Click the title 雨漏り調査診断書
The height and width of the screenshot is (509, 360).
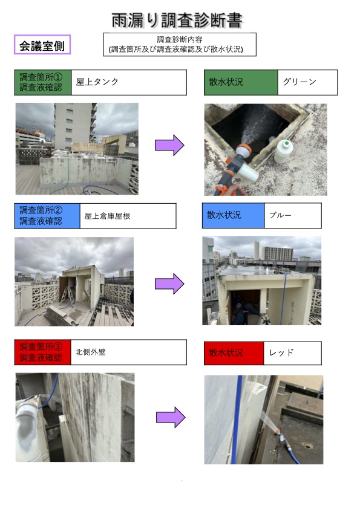[177, 21]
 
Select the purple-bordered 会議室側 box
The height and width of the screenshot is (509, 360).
[42, 45]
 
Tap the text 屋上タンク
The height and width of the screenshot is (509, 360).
[97, 82]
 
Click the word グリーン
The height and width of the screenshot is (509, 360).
[299, 82]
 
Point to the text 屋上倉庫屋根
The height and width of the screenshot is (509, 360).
[107, 216]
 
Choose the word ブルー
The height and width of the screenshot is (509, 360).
[280, 215]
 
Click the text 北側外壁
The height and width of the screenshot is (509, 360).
[91, 352]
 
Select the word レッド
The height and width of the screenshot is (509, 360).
[281, 352]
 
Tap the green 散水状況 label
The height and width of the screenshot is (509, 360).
[241, 82]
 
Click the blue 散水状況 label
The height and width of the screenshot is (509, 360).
[234, 216]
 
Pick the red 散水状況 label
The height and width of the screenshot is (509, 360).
[234, 353]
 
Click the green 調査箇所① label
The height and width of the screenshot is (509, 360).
[43, 82]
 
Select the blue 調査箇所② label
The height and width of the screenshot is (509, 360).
[47, 216]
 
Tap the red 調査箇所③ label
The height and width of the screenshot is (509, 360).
[42, 352]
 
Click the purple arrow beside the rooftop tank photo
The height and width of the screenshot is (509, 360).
[169, 145]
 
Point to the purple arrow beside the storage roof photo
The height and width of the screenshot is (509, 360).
[169, 284]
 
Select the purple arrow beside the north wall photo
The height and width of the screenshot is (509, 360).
[171, 417]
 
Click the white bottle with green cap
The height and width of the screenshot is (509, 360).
[283, 151]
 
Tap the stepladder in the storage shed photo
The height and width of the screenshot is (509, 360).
[67, 297]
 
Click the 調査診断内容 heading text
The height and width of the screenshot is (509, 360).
[180, 40]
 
